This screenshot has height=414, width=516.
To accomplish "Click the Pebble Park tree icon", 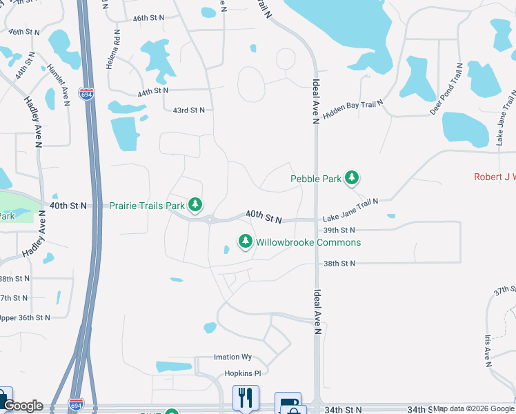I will (x=353, y=179).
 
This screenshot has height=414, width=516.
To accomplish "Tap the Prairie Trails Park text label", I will (x=147, y=206).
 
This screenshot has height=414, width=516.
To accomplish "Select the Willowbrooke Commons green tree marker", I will (x=245, y=241).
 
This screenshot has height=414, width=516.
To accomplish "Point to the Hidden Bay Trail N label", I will (x=353, y=109).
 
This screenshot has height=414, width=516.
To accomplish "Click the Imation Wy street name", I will (x=232, y=357).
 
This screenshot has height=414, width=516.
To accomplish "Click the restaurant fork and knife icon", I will (x=245, y=398).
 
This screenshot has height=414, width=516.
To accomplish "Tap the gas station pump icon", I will (x=288, y=402).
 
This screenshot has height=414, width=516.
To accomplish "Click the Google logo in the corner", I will (x=23, y=406).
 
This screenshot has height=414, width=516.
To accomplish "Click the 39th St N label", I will (x=338, y=230).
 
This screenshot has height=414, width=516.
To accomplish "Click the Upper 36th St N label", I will (x=26, y=317).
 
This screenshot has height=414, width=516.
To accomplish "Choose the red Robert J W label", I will (x=494, y=177).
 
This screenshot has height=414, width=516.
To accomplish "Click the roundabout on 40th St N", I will (x=209, y=219).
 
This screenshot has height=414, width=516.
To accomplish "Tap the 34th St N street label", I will (x=343, y=410).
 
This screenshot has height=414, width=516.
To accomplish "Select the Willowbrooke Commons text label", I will (x=308, y=242).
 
